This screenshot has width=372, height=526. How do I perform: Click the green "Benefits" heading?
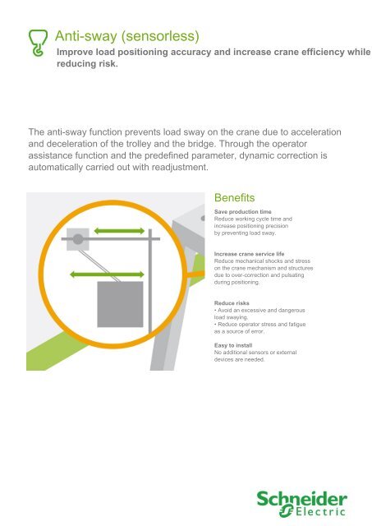tap(234, 198)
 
